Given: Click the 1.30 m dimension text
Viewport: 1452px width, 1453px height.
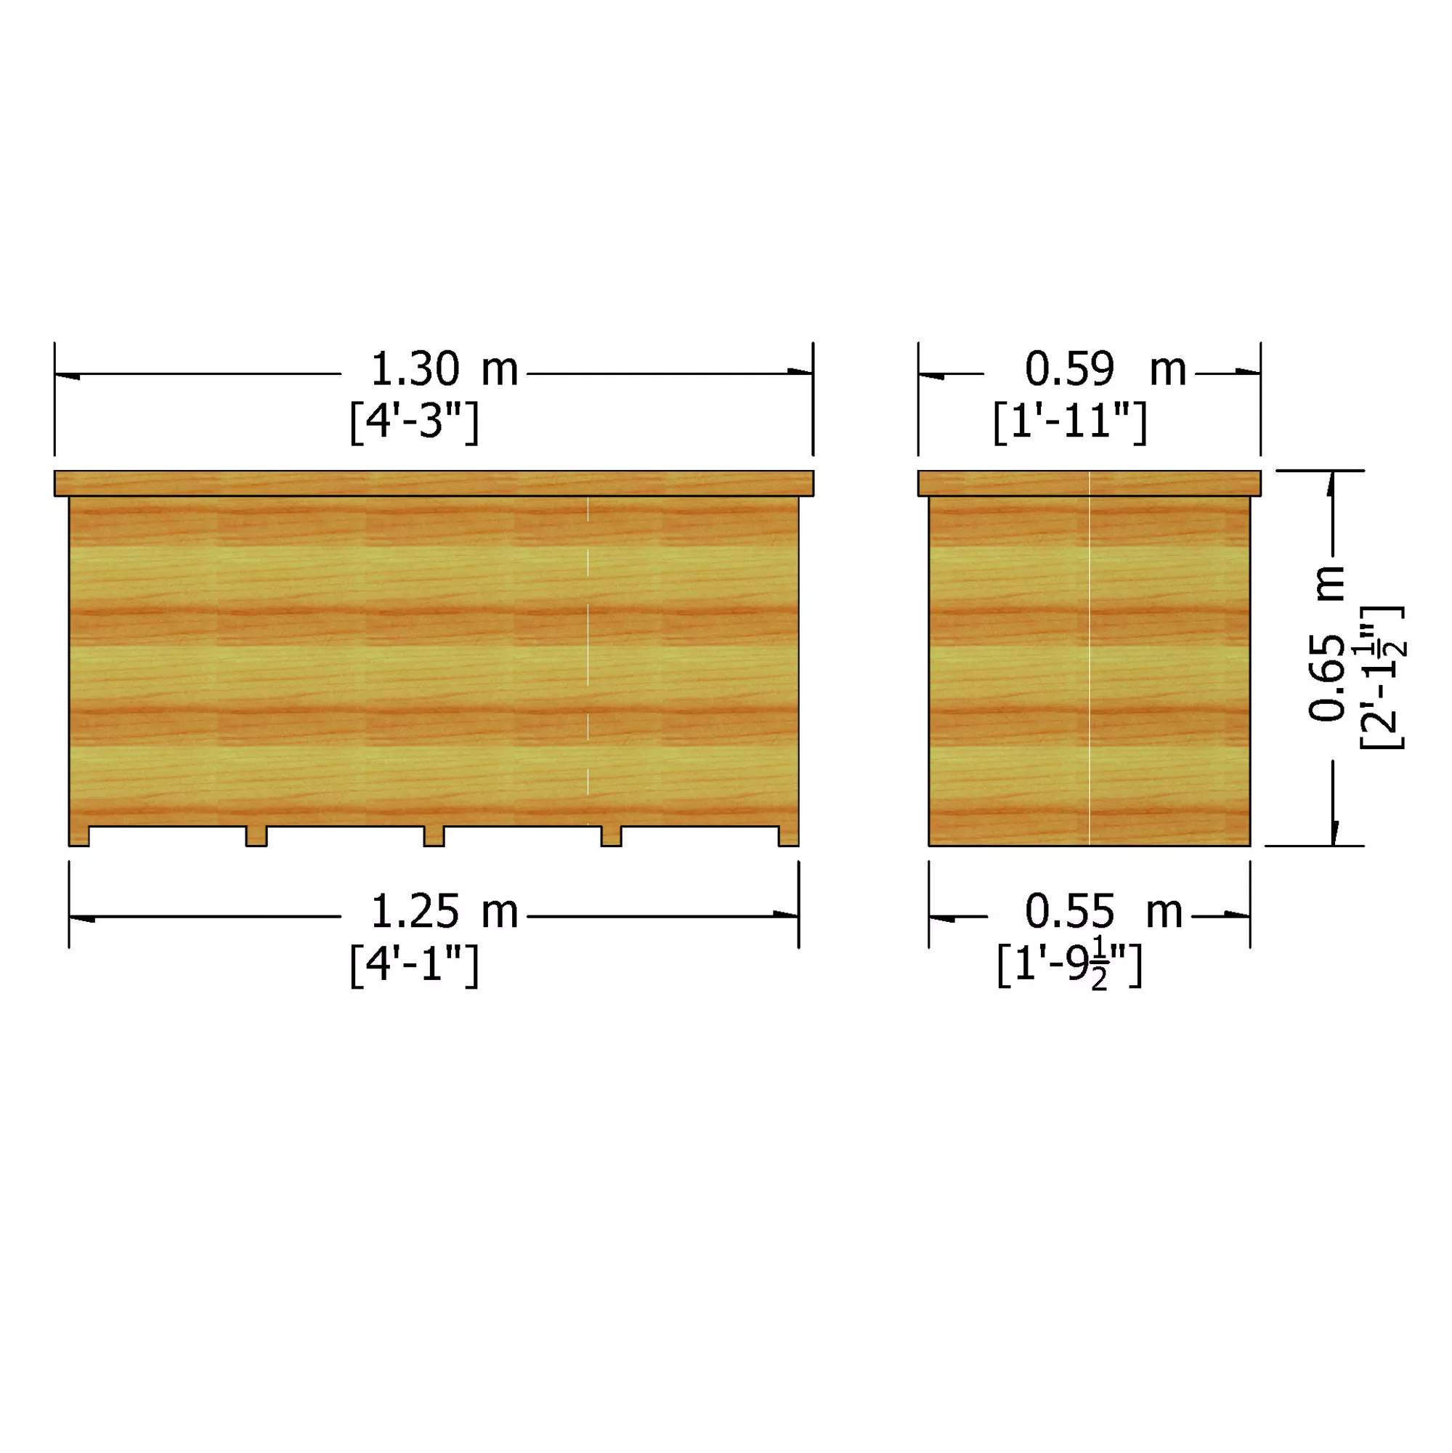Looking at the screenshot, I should (x=444, y=370).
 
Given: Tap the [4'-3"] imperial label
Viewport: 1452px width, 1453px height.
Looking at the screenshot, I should (x=414, y=422).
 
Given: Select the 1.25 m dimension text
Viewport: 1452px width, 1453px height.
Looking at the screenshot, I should (x=444, y=912).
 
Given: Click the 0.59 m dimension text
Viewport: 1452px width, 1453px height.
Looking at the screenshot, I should (x=1105, y=370).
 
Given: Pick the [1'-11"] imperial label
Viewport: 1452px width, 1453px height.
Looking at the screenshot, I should (x=1069, y=422).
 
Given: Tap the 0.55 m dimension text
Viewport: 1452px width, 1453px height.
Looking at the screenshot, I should (x=1103, y=912).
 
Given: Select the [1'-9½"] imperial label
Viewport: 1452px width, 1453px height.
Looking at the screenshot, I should (x=1068, y=966).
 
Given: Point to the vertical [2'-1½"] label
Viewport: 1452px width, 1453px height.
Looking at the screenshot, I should (x=1382, y=677).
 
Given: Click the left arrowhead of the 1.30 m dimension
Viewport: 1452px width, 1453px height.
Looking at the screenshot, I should (x=66, y=375).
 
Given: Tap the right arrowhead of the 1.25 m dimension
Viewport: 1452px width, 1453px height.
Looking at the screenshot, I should (x=786, y=915).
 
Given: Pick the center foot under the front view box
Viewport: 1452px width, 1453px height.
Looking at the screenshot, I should (x=434, y=836).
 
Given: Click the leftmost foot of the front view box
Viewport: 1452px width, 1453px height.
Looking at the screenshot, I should (x=79, y=836).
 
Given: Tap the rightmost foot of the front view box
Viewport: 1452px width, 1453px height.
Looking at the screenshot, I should (x=788, y=836).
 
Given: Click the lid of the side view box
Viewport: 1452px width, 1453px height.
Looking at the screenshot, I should (x=1089, y=483).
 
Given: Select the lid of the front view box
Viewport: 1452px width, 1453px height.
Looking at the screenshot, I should (x=433, y=483).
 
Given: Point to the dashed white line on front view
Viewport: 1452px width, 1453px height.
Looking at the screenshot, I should (x=588, y=647).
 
